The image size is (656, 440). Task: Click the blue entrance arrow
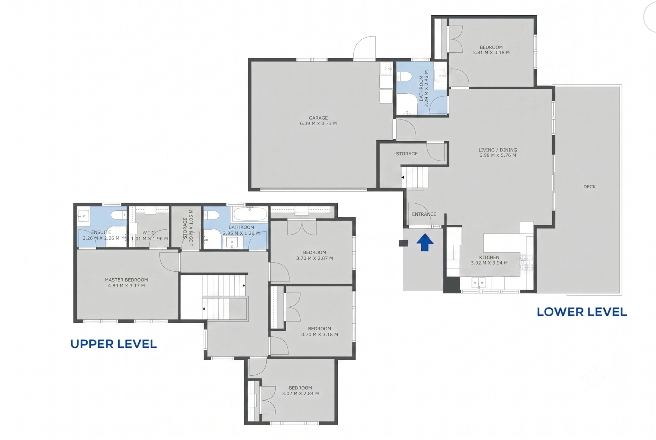pos(425,242)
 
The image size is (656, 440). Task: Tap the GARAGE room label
pos(318,118)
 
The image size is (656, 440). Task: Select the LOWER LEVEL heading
pos(582,312)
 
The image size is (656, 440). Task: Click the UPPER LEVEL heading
pos(114,344)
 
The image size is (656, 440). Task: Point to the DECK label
pos(589,187)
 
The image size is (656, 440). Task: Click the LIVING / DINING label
pos(498,150)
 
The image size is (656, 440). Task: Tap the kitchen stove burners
pos(526,263)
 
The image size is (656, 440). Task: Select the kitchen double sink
pos(478,283)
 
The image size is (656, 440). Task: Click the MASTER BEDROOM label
pos(126,280)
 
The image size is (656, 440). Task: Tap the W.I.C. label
pos(149,233)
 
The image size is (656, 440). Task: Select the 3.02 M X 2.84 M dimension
pos(300,393)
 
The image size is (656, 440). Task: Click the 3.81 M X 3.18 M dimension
pos(491,52)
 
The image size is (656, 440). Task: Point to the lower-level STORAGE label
pos(407,154)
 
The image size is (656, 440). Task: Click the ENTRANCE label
pos(424,214)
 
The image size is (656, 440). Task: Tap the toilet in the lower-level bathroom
pos(404,76)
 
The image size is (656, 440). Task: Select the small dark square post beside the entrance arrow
pos(403,243)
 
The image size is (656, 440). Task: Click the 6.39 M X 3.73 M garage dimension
pos(318,123)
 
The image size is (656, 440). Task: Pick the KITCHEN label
pos(489,257)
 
